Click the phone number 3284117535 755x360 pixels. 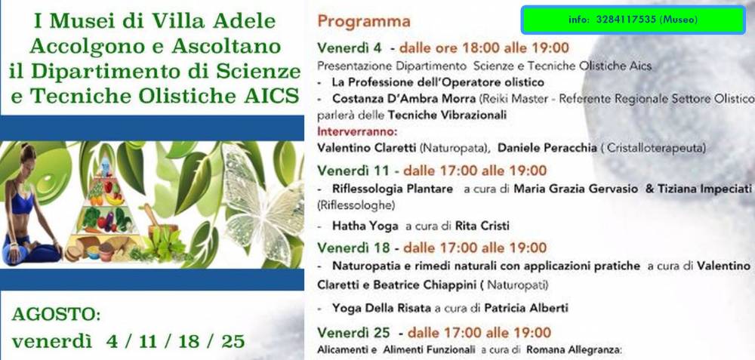coord(625,20)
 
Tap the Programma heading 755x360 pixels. coord(364,22)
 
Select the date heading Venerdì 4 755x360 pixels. coord(350,48)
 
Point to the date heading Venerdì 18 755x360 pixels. coord(352,248)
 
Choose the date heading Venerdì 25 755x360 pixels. coord(352,333)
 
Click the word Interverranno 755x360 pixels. coord(357,131)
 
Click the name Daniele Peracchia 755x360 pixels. coord(547,148)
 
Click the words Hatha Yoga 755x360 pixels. coord(365,226)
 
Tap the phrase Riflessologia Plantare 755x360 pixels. coord(393,189)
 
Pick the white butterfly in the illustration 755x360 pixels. coord(263,202)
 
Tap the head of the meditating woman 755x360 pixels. coord(27,154)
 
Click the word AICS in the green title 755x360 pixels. coord(272,96)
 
